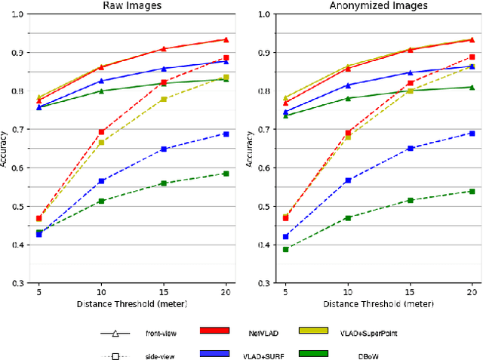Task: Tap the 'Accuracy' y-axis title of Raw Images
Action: (x=5, y=149)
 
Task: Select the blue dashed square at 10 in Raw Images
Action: (x=101, y=181)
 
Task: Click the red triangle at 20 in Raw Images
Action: (x=226, y=39)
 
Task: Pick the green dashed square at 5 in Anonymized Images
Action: (x=285, y=249)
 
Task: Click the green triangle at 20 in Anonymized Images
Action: (x=472, y=88)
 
